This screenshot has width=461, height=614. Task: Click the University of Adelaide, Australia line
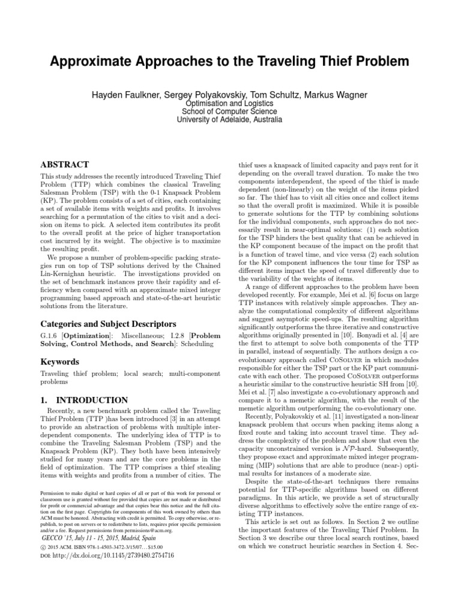click(x=230, y=120)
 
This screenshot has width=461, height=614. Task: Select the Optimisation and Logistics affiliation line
click(x=230, y=103)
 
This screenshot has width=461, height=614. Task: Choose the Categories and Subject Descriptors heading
click(x=101, y=324)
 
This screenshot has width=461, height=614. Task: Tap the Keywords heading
click(x=61, y=362)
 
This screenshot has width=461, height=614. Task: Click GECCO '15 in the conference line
click(x=57, y=538)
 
